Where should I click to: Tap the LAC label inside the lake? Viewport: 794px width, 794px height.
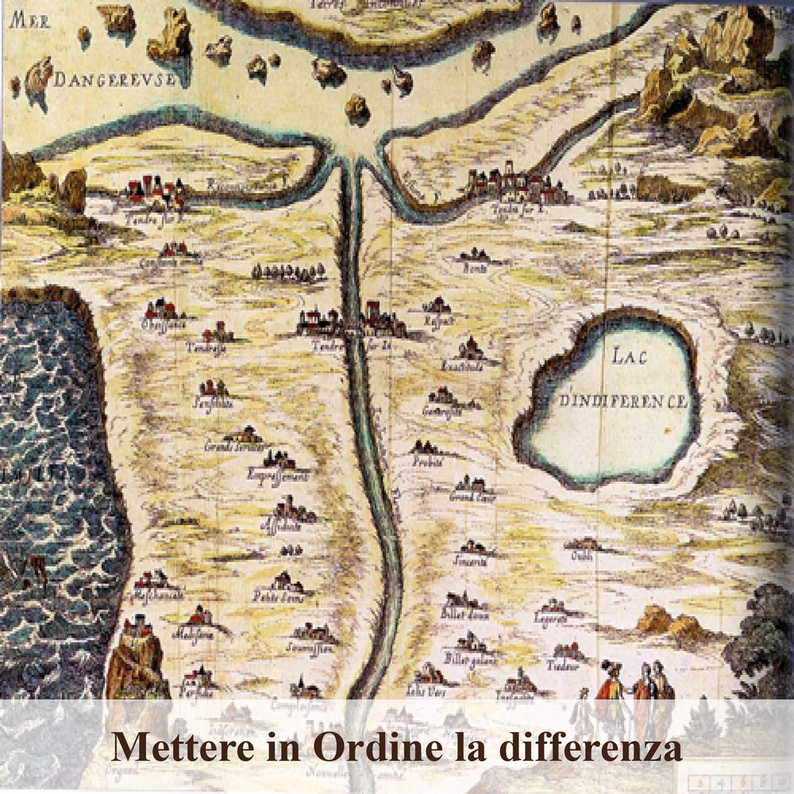pos(630,357)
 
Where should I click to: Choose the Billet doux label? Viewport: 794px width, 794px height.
pos(464,614)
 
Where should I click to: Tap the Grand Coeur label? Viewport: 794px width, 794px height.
pos(472,498)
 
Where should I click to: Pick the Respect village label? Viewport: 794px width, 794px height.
pos(439,322)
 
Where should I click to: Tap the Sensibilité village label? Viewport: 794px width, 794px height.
pos(213,403)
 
